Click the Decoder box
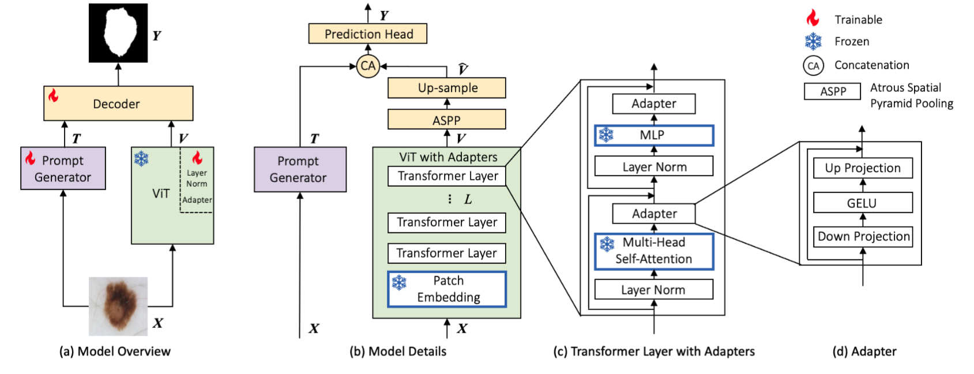tap(118, 104)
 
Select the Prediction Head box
tap(368, 34)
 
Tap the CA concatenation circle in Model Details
tap(367, 66)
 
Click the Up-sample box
tap(447, 88)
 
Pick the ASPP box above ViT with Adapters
tap(447, 120)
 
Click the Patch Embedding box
tap(447, 289)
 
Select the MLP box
tap(654, 135)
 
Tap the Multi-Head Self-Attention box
tap(654, 251)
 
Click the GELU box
tap(863, 203)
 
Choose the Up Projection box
tap(863, 168)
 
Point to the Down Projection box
tap(863, 236)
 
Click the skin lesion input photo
tap(118, 306)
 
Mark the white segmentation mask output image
tap(118, 33)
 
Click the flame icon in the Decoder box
tap(54, 95)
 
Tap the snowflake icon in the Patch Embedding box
tap(399, 282)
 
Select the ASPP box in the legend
tap(832, 91)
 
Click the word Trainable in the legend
tap(858, 20)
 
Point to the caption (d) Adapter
tap(864, 352)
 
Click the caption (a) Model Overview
tap(115, 352)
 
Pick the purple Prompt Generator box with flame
tap(63, 168)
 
